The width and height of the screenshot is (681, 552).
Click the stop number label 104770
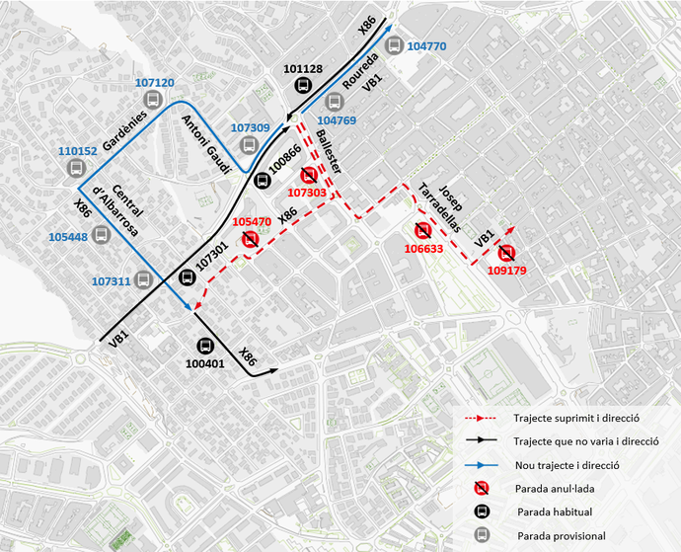[426, 46]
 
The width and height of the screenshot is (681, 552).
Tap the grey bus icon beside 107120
[153, 101]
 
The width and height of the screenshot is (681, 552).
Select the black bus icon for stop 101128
[302, 86]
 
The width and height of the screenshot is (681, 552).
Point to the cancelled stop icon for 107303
[309, 175]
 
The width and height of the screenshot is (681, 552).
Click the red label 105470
[252, 222]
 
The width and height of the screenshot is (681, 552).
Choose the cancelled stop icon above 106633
[423, 231]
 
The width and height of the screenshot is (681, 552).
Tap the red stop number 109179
[506, 270]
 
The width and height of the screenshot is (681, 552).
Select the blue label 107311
[112, 281]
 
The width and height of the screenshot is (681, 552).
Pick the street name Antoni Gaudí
[205, 144]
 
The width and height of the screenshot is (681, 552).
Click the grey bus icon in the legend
[481, 534]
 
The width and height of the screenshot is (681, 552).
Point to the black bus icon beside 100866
[262, 180]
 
